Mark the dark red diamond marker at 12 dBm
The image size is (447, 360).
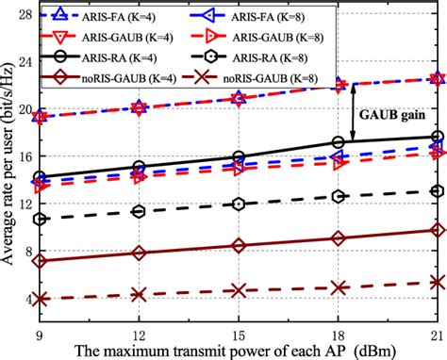pos(140,253)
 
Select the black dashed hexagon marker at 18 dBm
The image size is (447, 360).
pos(338,197)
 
